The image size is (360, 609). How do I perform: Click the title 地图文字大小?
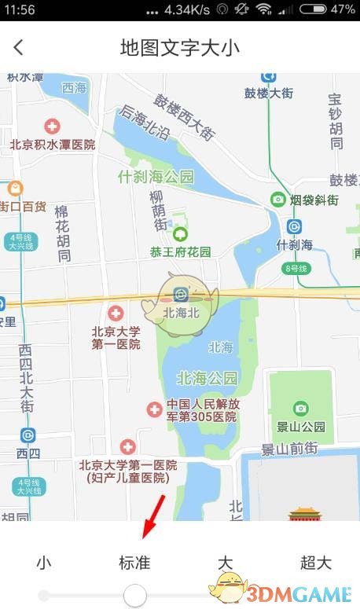click(180, 47)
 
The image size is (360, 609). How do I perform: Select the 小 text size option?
click(44, 563)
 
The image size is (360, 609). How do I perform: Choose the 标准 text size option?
click(134, 563)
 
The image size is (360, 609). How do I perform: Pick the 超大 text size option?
click(316, 563)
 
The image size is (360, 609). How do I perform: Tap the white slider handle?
click(135, 595)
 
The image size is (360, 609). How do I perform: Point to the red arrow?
click(154, 515)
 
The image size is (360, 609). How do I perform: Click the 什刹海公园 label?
click(156, 177)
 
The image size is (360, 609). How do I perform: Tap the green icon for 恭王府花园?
click(181, 234)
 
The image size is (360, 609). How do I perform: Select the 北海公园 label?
click(207, 378)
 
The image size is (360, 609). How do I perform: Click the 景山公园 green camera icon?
click(300, 408)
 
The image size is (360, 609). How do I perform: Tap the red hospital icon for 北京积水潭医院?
click(53, 126)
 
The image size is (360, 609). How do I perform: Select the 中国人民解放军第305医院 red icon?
click(155, 409)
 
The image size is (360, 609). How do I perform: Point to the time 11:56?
click(19, 9)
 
